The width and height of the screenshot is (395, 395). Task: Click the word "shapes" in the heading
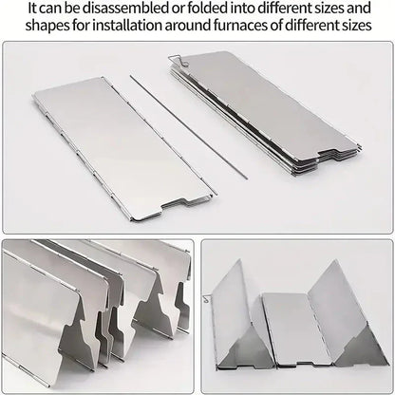(x=47, y=26)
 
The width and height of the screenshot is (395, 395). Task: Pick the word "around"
(x=188, y=26)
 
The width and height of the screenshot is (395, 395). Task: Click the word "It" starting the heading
(x=32, y=9)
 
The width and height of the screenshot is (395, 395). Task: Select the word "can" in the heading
(x=50, y=9)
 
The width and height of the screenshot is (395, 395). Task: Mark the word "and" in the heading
(x=359, y=9)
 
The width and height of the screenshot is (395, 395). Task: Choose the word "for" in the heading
(x=81, y=26)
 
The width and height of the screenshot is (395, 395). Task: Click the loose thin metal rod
(x=189, y=127)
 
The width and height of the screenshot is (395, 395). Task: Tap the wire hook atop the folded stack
(x=179, y=60)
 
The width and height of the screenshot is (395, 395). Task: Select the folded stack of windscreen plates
(x=266, y=114)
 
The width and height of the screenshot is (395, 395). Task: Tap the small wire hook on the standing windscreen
(x=207, y=298)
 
